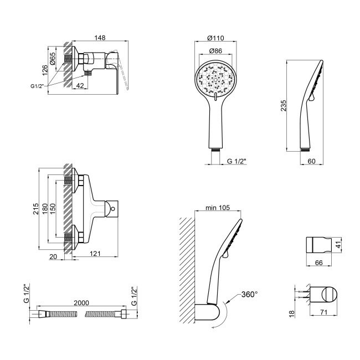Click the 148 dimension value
coord(100,38)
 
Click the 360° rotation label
coord(249,295)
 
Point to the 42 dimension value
coord(81,86)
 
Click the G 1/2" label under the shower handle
coord(236,161)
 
